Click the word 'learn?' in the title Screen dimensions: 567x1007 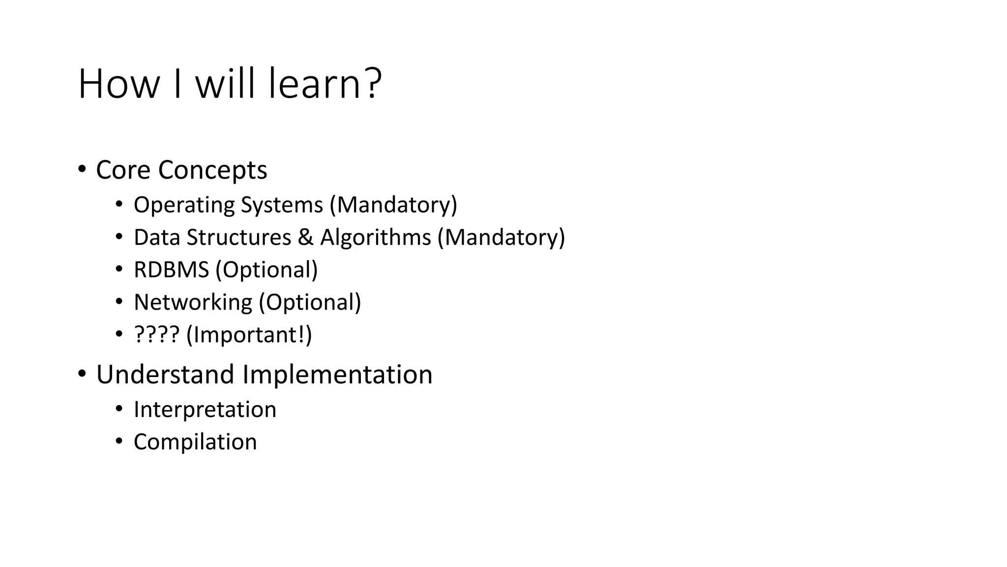pyautogui.click(x=325, y=84)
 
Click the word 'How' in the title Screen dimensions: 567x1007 pyautogui.click(x=118, y=84)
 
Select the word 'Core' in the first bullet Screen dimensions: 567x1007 pyautogui.click(x=123, y=170)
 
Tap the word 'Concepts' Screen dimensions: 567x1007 pyautogui.click(x=212, y=171)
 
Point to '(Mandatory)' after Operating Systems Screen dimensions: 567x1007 pyautogui.click(x=393, y=205)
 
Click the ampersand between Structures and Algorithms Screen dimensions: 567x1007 pyautogui.click(x=305, y=237)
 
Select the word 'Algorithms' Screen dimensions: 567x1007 pyautogui.click(x=376, y=237)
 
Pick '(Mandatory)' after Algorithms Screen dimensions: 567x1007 pyautogui.click(x=502, y=237)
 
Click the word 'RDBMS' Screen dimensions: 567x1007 pyautogui.click(x=172, y=270)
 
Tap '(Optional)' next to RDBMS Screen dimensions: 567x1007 pyautogui.click(x=267, y=270)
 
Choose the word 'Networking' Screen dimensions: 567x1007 pyautogui.click(x=193, y=302)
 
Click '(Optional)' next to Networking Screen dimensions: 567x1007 pyautogui.click(x=310, y=302)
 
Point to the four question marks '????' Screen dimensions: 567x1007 pyautogui.click(x=157, y=335)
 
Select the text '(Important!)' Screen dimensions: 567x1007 pyautogui.click(x=249, y=335)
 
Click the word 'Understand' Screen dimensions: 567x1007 pyautogui.click(x=165, y=375)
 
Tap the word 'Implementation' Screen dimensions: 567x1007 pyautogui.click(x=337, y=375)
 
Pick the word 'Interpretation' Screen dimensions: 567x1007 pyautogui.click(x=205, y=409)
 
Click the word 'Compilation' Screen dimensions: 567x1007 pyautogui.click(x=195, y=442)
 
